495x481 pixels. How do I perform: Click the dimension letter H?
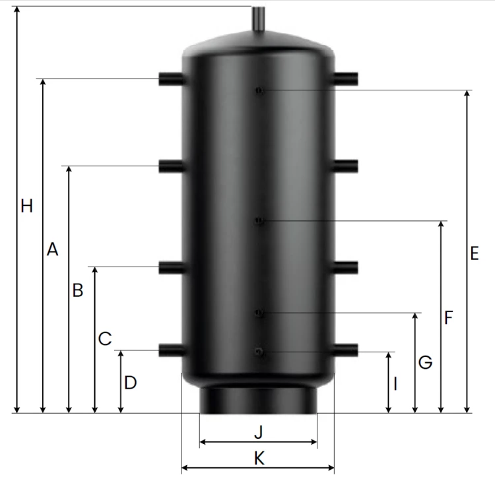coord(26,206)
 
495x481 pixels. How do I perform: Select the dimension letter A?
coord(52,249)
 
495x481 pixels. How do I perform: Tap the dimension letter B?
coord(78,290)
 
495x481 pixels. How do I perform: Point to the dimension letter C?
coord(105,338)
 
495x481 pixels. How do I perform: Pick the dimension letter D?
coord(131,383)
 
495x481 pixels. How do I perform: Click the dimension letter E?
coord(475,253)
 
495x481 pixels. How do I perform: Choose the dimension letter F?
coord(449,317)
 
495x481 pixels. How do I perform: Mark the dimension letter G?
coord(425,362)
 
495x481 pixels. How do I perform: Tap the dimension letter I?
coord(395,384)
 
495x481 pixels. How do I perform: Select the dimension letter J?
coord(259,432)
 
